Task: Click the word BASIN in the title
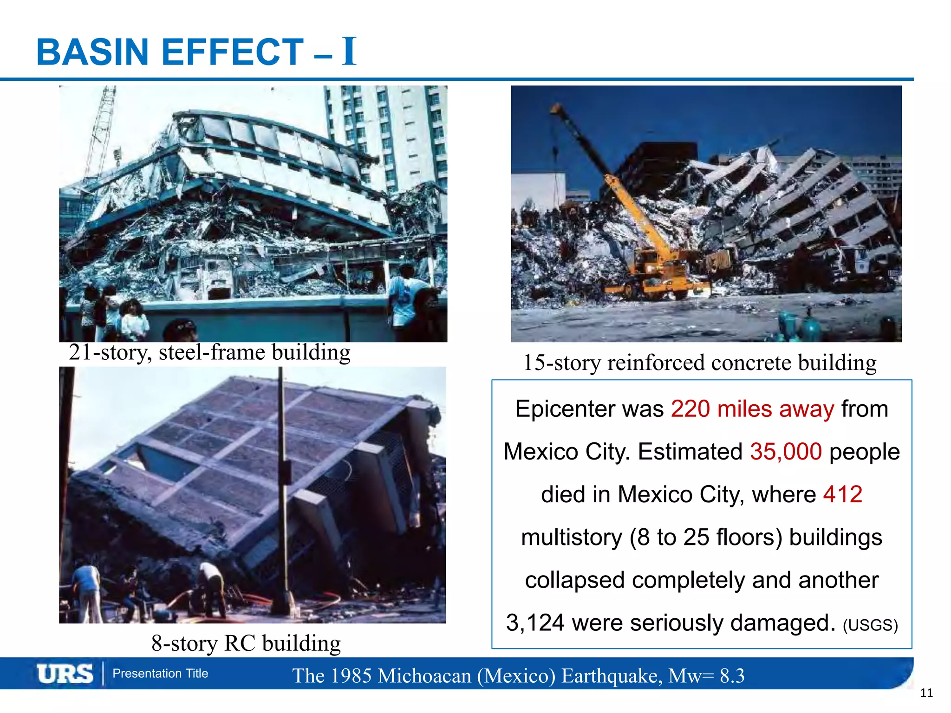point(92,52)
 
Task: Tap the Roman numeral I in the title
point(349,51)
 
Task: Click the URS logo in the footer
point(65,674)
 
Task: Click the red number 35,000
point(786,452)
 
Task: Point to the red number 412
point(842,494)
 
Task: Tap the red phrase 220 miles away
point(752,409)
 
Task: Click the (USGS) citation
point(870,625)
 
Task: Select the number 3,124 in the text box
point(535,622)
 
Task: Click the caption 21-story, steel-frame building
point(209,352)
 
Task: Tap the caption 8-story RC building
point(246,643)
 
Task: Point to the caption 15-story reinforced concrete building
point(700,363)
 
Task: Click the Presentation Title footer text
point(160,674)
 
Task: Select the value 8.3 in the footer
point(732,676)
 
